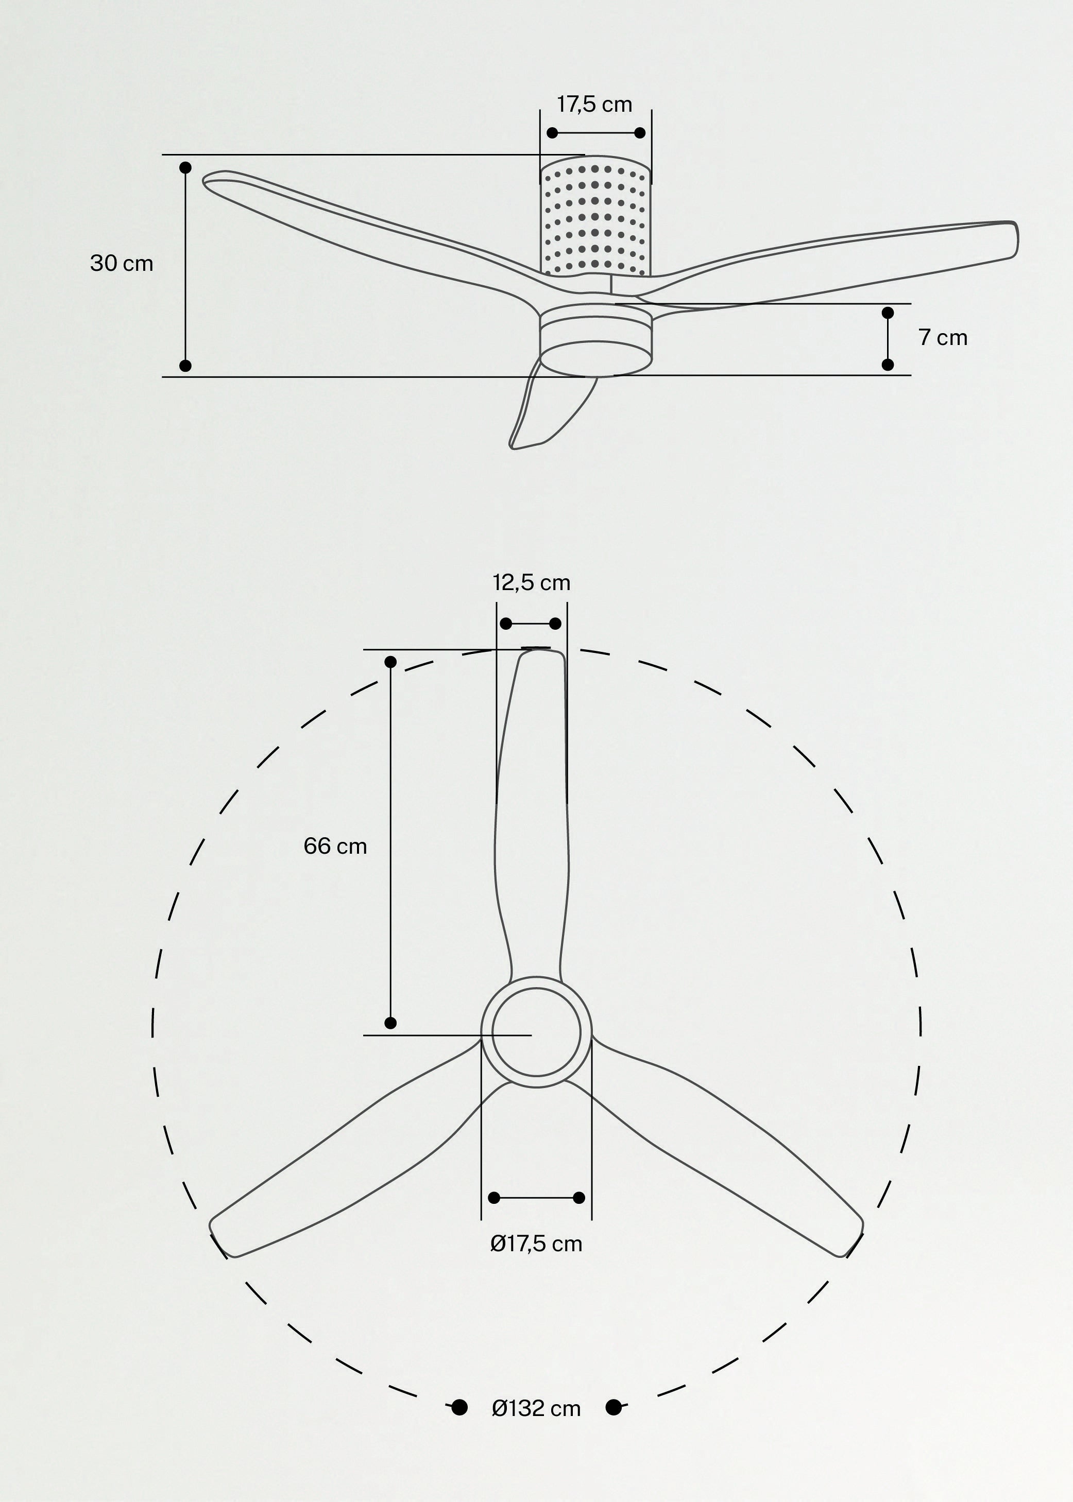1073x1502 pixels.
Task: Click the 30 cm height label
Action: (122, 264)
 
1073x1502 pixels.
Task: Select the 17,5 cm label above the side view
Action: (594, 105)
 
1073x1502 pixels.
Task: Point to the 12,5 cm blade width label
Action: (531, 582)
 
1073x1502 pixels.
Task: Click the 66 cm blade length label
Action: (335, 846)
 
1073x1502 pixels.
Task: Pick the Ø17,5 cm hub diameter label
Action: (536, 1245)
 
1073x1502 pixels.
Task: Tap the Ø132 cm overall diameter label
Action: (536, 1409)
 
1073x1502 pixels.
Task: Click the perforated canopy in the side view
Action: (595, 218)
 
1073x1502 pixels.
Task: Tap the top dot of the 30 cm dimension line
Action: (185, 168)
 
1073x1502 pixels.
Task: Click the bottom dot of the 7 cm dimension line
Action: (888, 365)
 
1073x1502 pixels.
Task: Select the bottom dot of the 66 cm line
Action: (390, 1023)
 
